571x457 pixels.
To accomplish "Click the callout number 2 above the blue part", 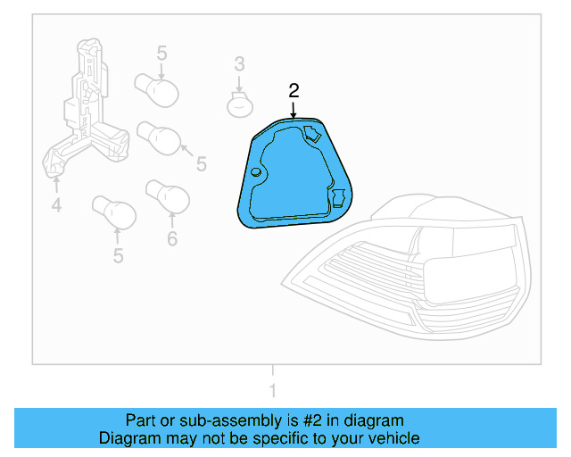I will click(294, 90).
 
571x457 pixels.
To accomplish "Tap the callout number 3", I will click(239, 63).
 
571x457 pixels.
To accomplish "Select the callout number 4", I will click(56, 207).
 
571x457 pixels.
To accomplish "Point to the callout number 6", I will click(172, 238).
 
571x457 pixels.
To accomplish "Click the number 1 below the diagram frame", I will click(273, 390).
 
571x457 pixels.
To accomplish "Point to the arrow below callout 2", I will click(294, 110).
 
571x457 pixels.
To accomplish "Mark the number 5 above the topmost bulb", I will click(161, 54).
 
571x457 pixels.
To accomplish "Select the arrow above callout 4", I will click(56, 184).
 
